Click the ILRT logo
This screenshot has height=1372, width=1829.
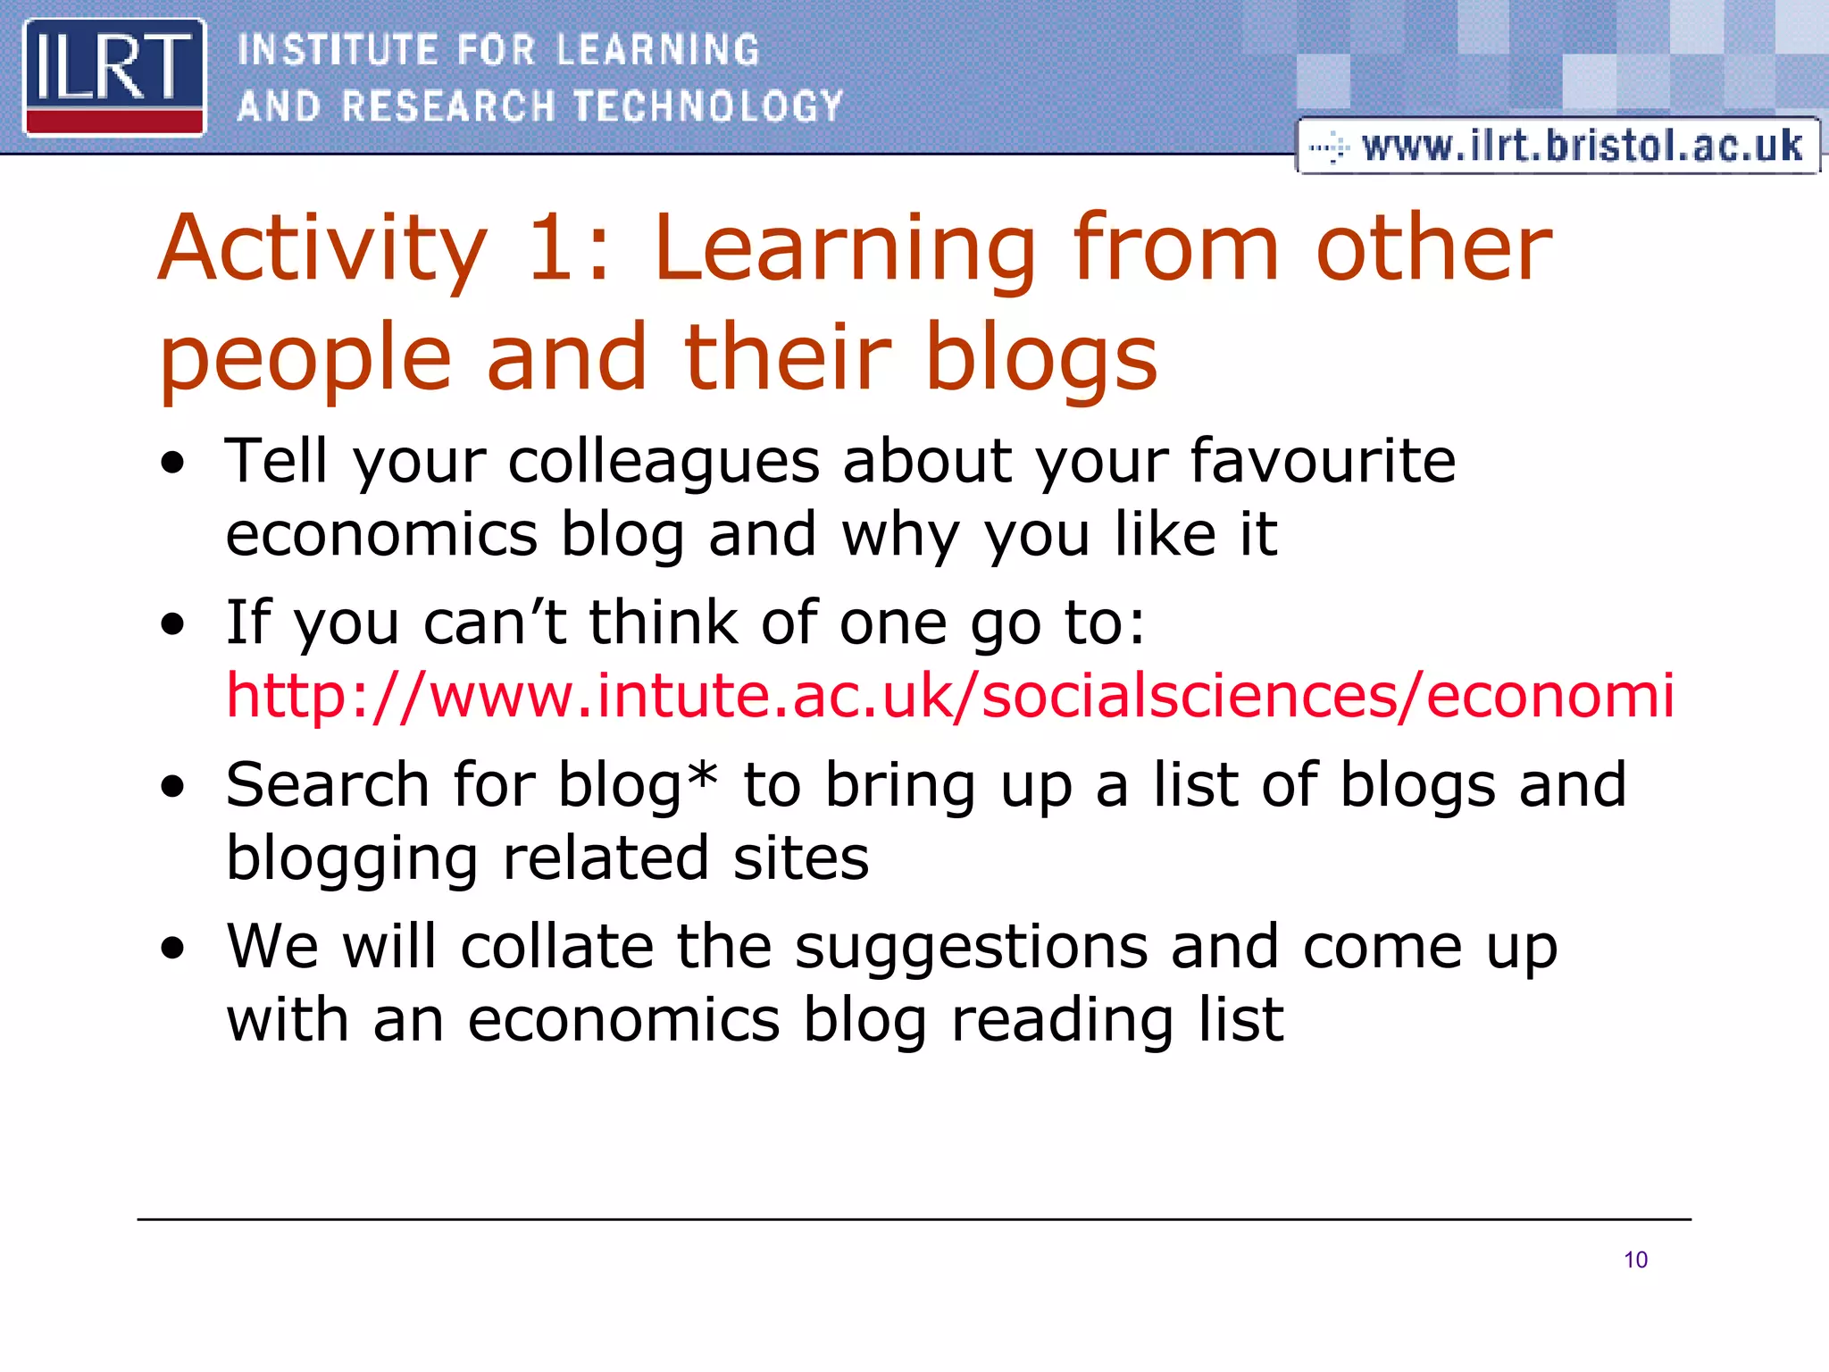114,77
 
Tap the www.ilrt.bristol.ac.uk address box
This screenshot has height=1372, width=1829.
1558,146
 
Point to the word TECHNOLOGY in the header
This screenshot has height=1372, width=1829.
708,106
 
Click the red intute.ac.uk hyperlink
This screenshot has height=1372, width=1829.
950,695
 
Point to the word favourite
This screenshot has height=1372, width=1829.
1323,461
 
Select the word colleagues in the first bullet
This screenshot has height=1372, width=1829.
664,461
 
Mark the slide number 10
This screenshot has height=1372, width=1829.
1635,1259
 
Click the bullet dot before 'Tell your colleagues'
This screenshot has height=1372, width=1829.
172,464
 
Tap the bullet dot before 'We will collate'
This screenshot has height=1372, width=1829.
172,949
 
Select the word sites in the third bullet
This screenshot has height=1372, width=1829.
800,857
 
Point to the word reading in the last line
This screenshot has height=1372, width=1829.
1062,1020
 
